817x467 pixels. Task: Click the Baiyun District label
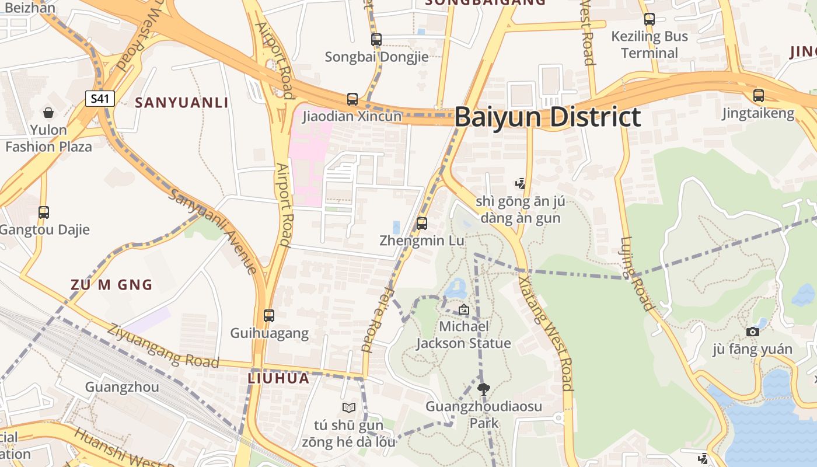547,117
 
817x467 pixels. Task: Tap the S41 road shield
100,98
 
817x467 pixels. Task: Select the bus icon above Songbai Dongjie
376,40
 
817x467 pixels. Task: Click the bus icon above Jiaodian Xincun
352,99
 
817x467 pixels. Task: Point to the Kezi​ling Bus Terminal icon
650,19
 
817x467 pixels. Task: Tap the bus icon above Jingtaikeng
758,96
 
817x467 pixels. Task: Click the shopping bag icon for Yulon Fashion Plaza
48,112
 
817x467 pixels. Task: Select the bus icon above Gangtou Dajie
44,212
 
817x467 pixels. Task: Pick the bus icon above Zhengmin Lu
422,223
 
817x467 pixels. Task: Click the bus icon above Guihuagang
269,316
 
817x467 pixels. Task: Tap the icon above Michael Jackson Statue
463,309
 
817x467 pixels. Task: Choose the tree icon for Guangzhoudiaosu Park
483,389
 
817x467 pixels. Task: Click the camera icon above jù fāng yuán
753,332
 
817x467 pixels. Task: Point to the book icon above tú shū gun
349,407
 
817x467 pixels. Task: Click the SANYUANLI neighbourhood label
181,103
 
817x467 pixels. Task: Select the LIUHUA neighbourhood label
278,378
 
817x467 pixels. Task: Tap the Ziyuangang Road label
163,346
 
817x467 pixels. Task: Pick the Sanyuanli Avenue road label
213,231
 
